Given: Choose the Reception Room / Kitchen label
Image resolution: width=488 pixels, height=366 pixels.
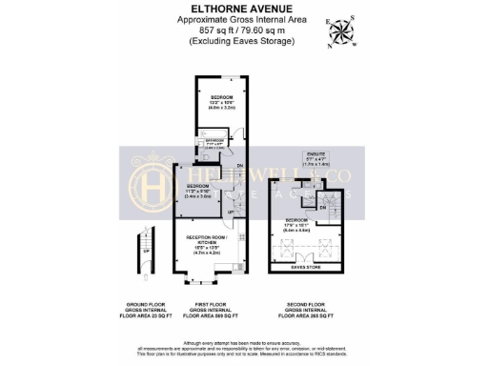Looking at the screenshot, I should tap(209, 244).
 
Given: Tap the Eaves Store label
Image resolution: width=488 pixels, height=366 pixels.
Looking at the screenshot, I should tap(305, 269).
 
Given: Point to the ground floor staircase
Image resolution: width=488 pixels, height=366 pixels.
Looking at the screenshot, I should tap(143, 253).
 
